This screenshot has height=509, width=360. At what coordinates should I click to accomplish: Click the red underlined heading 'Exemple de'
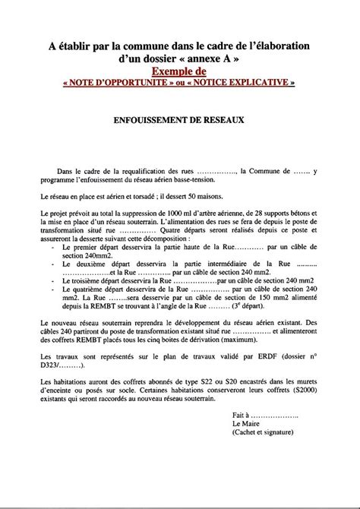(x=180, y=71)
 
